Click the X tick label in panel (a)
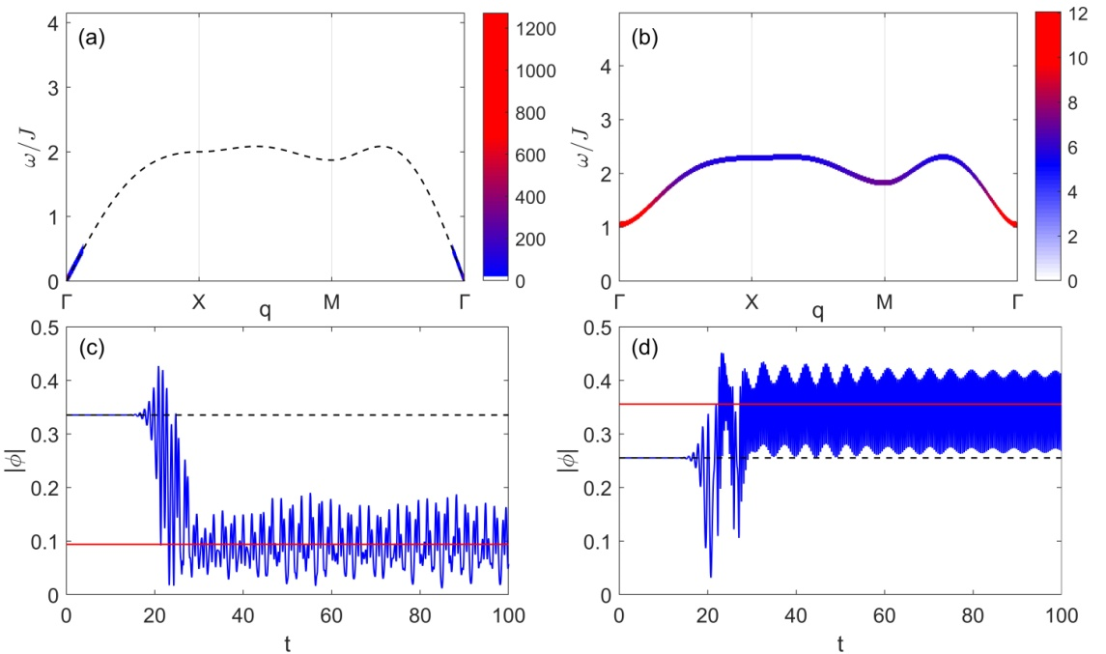199,301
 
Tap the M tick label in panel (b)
884,301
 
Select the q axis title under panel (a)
265,311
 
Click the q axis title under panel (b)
818,311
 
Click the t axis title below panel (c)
287,639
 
